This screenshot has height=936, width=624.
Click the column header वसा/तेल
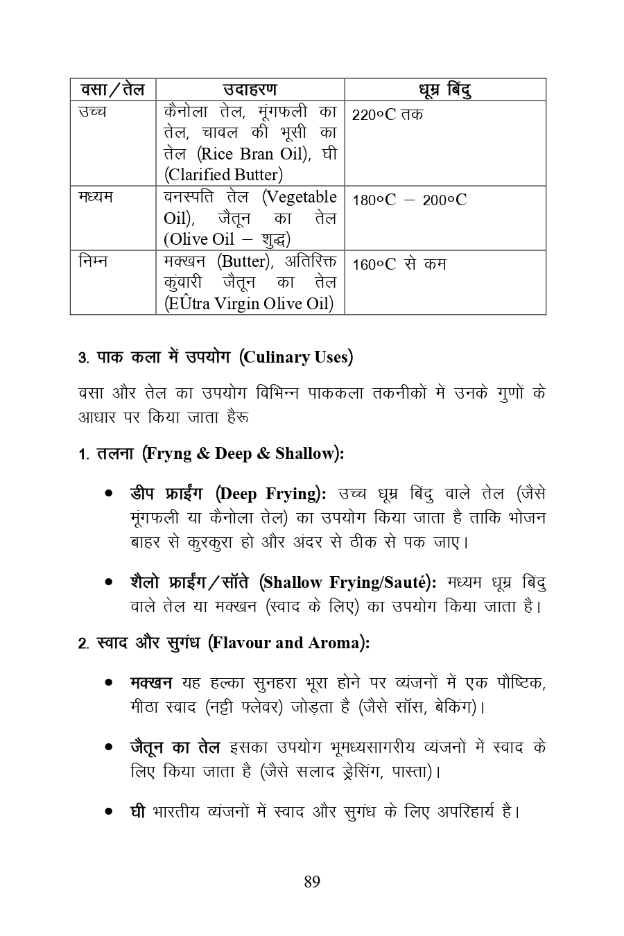(x=112, y=89)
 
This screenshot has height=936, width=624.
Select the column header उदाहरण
(x=250, y=89)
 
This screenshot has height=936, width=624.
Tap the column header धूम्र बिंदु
(x=445, y=90)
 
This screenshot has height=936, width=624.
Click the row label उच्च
(x=93, y=112)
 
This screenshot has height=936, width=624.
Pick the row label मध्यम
(x=96, y=198)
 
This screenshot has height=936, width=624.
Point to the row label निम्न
(x=93, y=262)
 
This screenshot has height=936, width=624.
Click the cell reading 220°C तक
(x=387, y=114)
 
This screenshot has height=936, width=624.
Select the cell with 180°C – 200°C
(x=409, y=200)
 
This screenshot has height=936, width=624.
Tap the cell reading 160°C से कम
(x=399, y=264)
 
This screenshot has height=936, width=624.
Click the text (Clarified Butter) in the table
(x=223, y=175)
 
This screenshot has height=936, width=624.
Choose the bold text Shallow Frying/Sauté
(x=347, y=582)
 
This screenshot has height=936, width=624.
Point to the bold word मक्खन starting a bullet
(x=150, y=683)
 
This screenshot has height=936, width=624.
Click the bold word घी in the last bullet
(x=137, y=811)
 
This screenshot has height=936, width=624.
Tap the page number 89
(x=312, y=882)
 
